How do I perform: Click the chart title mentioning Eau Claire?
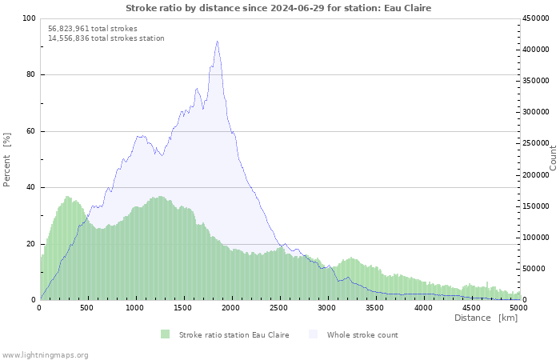(278, 8)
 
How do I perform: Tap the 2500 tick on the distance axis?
(279, 308)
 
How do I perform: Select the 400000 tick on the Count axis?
(536, 50)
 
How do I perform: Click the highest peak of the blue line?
(217, 42)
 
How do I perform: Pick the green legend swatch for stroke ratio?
(165, 334)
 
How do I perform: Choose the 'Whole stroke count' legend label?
(362, 335)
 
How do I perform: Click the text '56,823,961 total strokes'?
(93, 29)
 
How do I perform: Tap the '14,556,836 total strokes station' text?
(106, 38)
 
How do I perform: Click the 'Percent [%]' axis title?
(6, 160)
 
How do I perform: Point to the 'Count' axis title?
(553, 158)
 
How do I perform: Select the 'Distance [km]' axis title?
(486, 318)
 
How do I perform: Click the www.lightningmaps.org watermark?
(45, 355)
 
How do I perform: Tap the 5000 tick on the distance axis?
(518, 308)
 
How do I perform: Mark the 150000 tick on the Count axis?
(536, 206)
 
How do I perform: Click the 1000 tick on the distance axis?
(135, 308)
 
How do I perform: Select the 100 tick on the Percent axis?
(30, 18)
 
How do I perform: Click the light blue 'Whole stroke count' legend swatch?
(314, 334)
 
